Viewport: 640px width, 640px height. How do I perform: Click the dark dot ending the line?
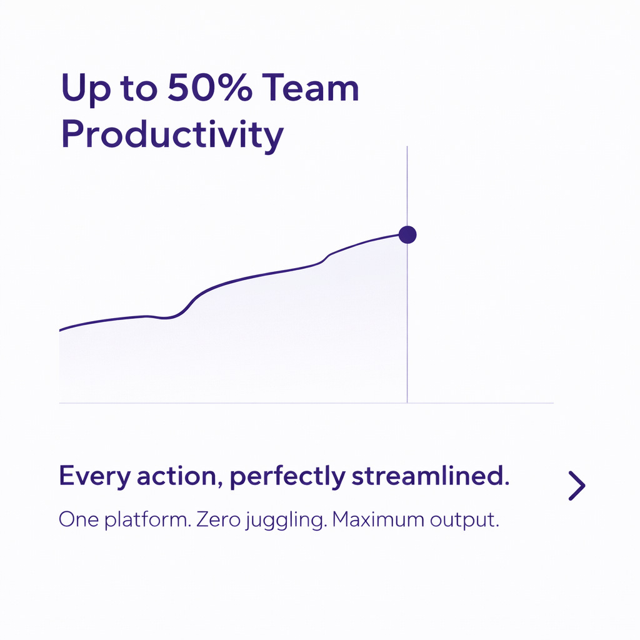pyautogui.click(x=407, y=235)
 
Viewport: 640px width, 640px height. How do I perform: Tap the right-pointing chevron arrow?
pyautogui.click(x=577, y=486)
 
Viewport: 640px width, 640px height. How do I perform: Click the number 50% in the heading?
pyautogui.click(x=210, y=87)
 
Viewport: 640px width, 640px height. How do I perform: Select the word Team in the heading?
pyautogui.click(x=310, y=87)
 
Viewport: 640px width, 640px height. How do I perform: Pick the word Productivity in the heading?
pyautogui.click(x=172, y=136)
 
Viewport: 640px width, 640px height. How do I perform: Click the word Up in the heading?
pyautogui.click(x=86, y=90)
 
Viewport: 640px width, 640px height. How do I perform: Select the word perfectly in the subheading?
pyautogui.click(x=287, y=477)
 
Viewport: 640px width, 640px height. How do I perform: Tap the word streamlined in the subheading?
pyautogui.click(x=430, y=476)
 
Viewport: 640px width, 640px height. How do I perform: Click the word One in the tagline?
pyautogui.click(x=79, y=519)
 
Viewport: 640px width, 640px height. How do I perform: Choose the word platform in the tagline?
pyautogui.click(x=147, y=521)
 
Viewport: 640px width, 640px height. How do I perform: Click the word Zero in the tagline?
pyautogui.click(x=218, y=519)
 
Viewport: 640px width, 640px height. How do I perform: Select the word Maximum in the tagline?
pyautogui.click(x=378, y=519)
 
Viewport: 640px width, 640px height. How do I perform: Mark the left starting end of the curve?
pyautogui.click(x=59, y=330)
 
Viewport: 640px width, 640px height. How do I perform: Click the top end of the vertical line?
pyautogui.click(x=407, y=146)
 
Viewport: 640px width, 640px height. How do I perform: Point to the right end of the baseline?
pyautogui.click(x=554, y=403)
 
